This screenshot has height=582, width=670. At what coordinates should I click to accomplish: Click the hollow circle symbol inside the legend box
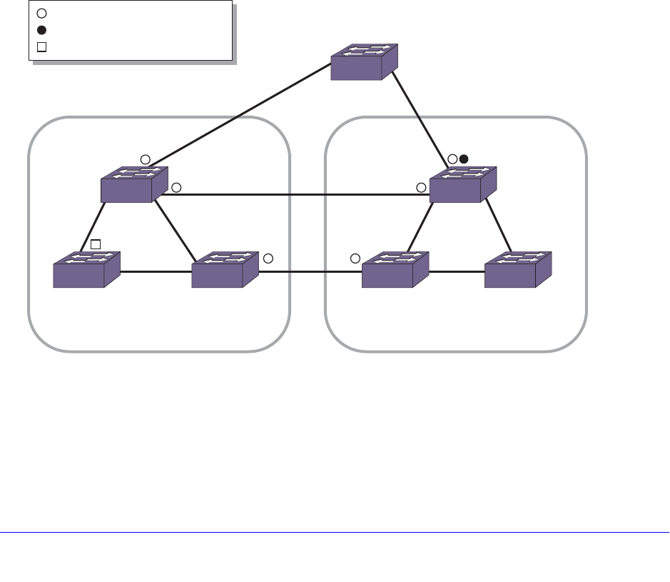coord(41,13)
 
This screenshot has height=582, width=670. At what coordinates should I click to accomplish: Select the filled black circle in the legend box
coord(41,30)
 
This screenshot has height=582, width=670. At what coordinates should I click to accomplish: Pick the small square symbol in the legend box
coord(41,48)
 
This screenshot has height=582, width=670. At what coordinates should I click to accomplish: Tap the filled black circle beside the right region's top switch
coord(463,159)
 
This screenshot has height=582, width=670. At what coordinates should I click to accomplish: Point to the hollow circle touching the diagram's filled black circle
coord(452,159)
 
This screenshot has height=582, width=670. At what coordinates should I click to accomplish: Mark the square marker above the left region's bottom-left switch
coord(96,244)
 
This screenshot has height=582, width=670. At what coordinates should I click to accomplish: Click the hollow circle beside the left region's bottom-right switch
coord(268,258)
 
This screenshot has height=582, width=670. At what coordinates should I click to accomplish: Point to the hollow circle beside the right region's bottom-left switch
coord(355,258)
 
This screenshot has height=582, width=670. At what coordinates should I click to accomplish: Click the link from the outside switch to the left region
coord(243,115)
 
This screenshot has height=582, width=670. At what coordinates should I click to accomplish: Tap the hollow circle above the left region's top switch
coord(145,159)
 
